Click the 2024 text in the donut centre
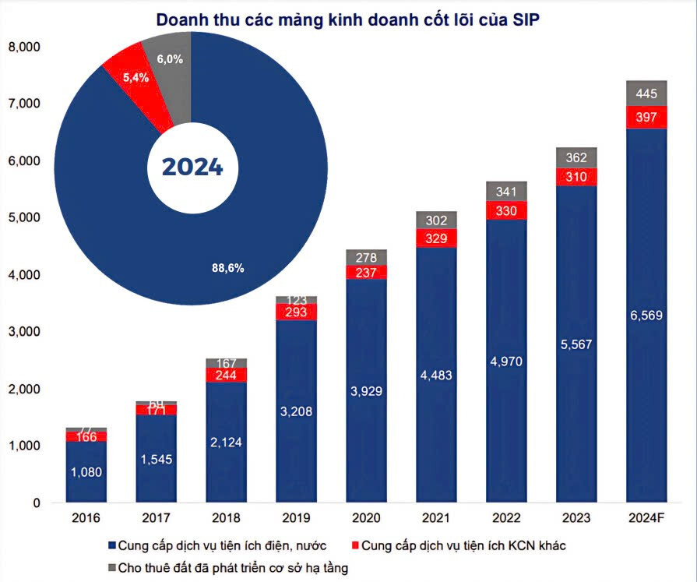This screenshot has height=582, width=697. [192, 167]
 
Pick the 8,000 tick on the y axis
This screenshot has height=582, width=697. [25, 47]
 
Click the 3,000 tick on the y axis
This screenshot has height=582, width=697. [25, 332]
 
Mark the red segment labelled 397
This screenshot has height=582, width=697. [646, 117]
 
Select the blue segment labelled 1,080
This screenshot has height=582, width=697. [86, 472]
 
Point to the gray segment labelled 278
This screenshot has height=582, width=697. [366, 257]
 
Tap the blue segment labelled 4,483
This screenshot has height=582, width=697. [436, 376]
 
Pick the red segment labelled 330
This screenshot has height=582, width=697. [506, 210]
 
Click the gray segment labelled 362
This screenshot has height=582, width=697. [576, 157]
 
